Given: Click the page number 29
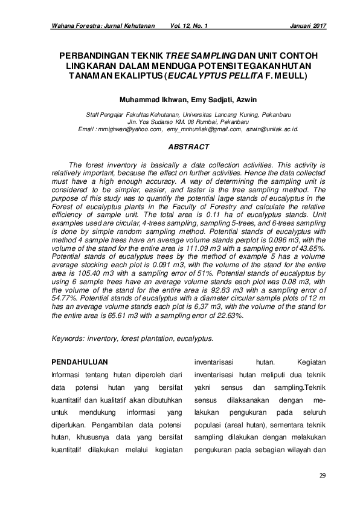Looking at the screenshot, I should point(323,476).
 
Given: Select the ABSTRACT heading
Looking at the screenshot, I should point(188,147).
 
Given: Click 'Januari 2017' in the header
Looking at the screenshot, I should point(308,27).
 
